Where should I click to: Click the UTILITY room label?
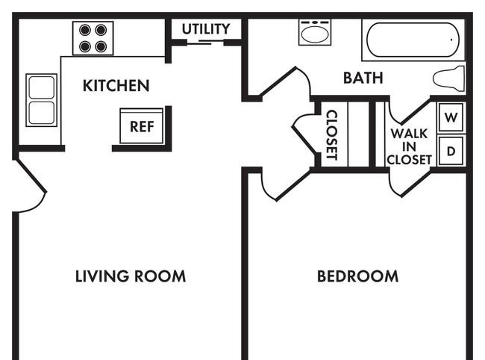tap(206, 29)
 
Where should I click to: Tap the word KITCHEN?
tap(116, 85)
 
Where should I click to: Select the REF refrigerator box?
tap(141, 126)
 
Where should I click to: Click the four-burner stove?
tap(93, 38)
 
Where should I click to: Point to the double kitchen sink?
tap(42, 100)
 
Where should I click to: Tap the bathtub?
tap(413, 40)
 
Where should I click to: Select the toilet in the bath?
tap(448, 78)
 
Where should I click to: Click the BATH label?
tap(363, 78)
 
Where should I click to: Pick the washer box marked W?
tap(451, 117)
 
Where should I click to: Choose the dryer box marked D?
tap(451, 151)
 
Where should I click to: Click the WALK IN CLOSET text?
tap(409, 146)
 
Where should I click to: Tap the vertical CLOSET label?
tap(332, 134)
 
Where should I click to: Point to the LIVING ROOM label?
tap(131, 276)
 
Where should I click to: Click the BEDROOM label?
tap(358, 276)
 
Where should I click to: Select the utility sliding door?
tap(205, 43)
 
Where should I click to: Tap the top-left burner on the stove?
tap(85, 30)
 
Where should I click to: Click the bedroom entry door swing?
tap(286, 185)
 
